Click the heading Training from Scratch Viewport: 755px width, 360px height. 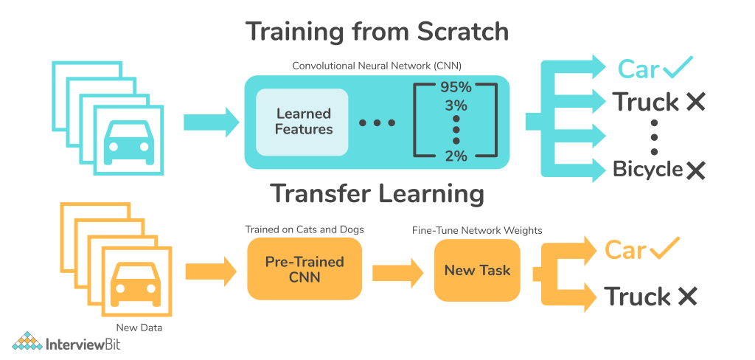point(377,32)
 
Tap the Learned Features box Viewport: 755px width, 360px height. point(302,122)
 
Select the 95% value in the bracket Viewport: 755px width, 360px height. point(456,88)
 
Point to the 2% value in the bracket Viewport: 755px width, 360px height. point(456,156)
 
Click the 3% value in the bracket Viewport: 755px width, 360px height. point(456,105)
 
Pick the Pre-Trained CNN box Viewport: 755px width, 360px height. point(305,269)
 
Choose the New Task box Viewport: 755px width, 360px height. point(477,270)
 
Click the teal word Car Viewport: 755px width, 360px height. point(639,69)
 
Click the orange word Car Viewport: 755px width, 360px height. point(625,249)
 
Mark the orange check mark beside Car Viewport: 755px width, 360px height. point(664,248)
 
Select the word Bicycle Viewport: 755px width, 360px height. point(647,170)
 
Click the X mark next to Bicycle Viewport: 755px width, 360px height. point(695,170)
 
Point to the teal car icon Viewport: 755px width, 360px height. point(128,140)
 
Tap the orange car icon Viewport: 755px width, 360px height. point(136,283)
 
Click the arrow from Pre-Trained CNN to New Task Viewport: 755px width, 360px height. point(397,272)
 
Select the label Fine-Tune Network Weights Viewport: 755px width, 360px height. point(477,231)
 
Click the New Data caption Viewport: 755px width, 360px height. point(139,328)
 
